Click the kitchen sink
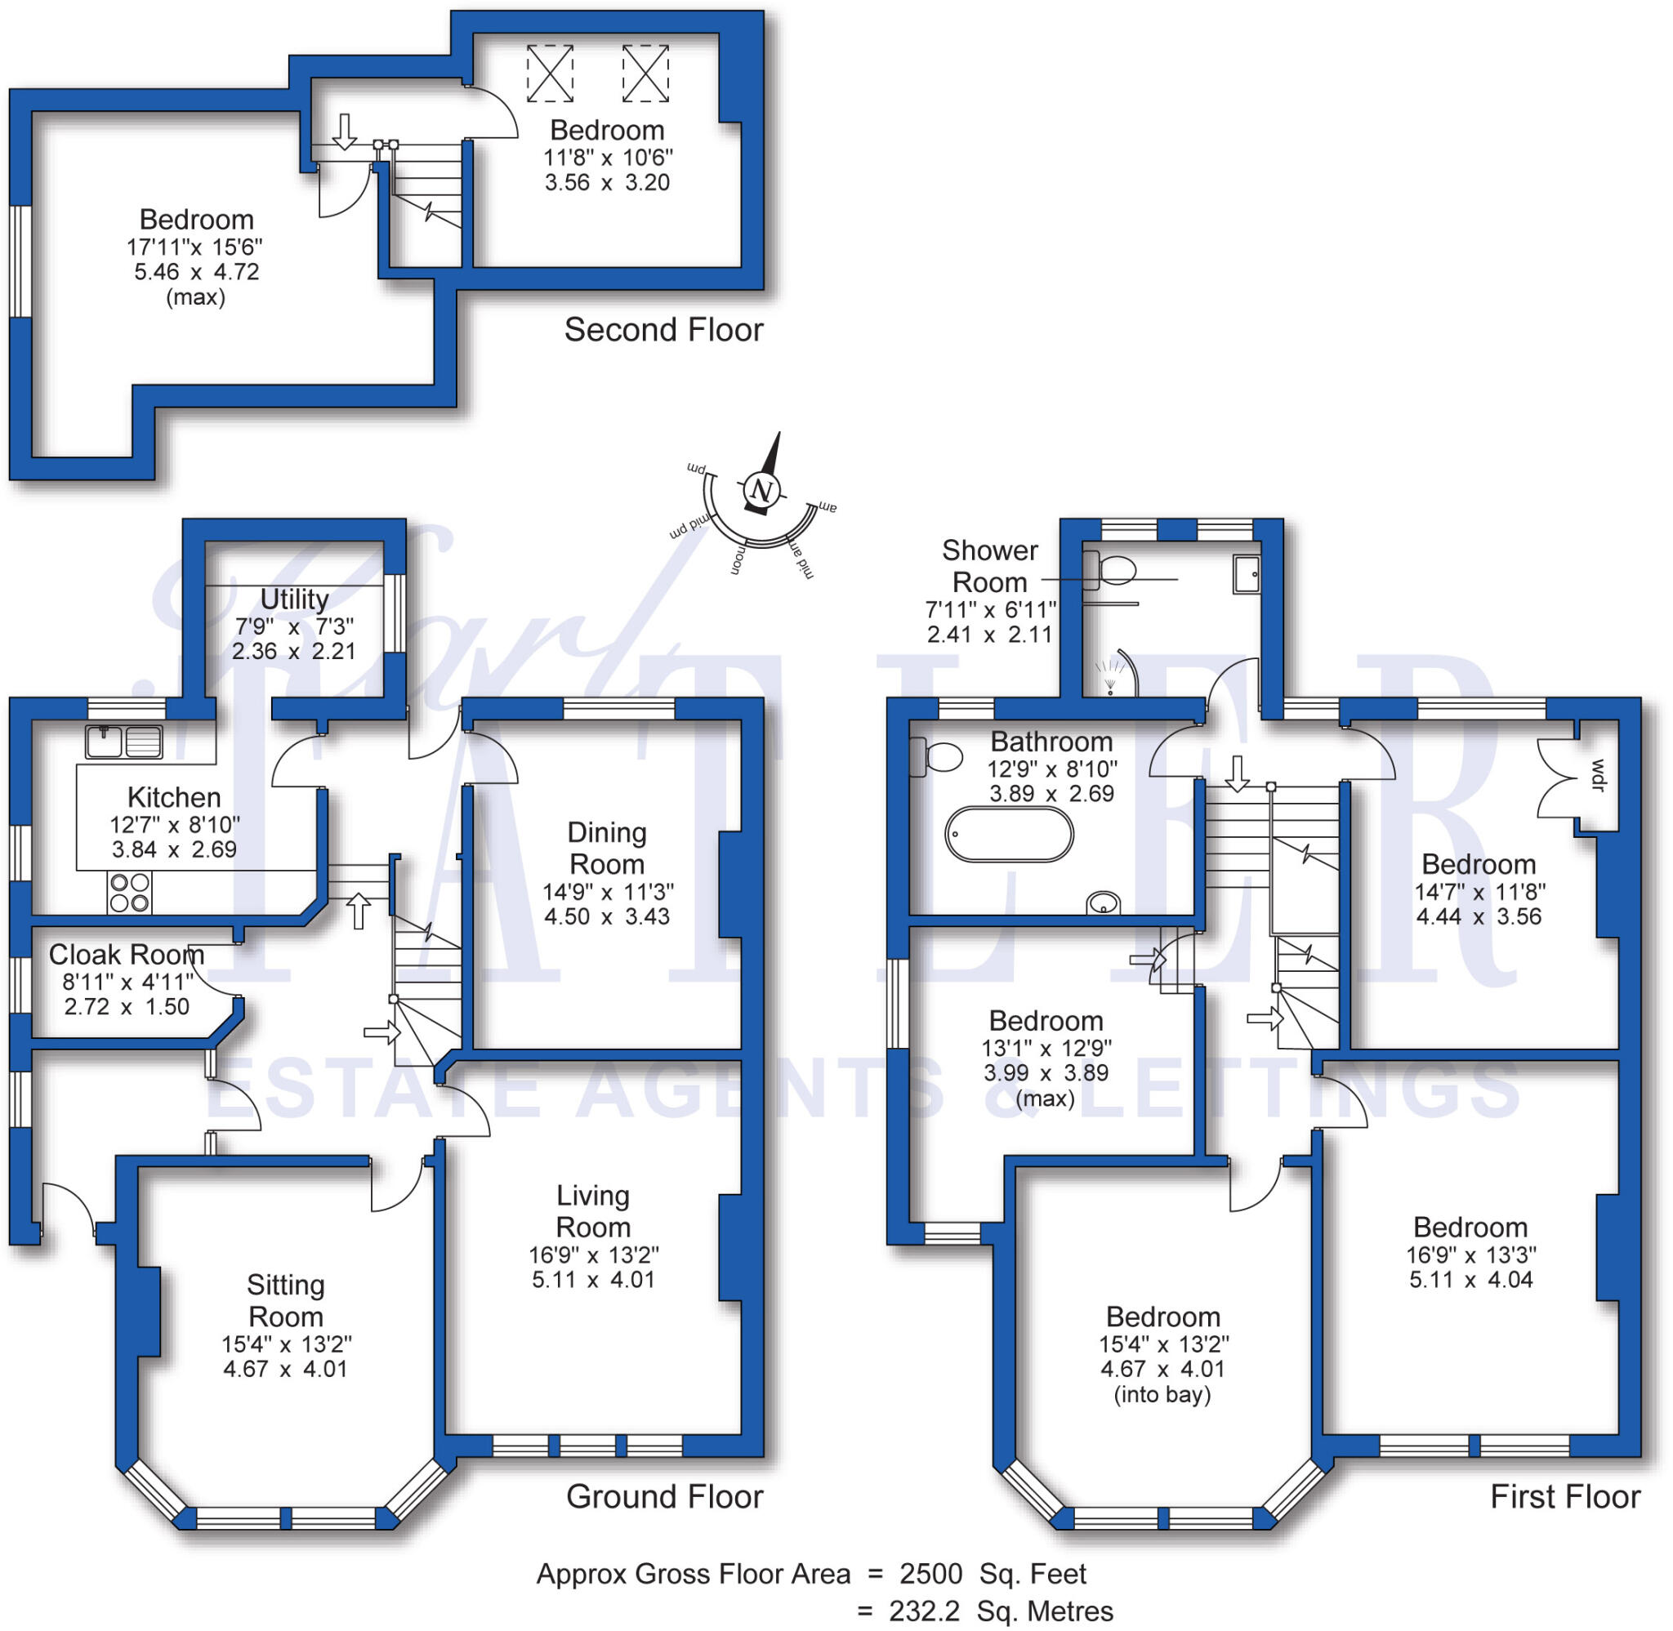pos(124,742)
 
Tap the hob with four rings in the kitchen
pos(129,892)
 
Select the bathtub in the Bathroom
pos(1009,834)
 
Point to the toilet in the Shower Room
pos(1111,569)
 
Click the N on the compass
pos(760,491)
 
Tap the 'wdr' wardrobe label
pos(1597,775)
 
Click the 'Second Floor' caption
pos(663,330)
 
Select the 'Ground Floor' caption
pos(664,1496)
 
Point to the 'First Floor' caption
pos(1564,1496)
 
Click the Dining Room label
pos(606,848)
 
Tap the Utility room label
pos(294,599)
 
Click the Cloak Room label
pos(126,954)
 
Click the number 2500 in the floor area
pos(930,1574)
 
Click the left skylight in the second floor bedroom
pos(549,74)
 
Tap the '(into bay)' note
pos(1162,1395)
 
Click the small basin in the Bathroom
pos(1104,902)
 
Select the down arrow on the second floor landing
pos(345,132)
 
